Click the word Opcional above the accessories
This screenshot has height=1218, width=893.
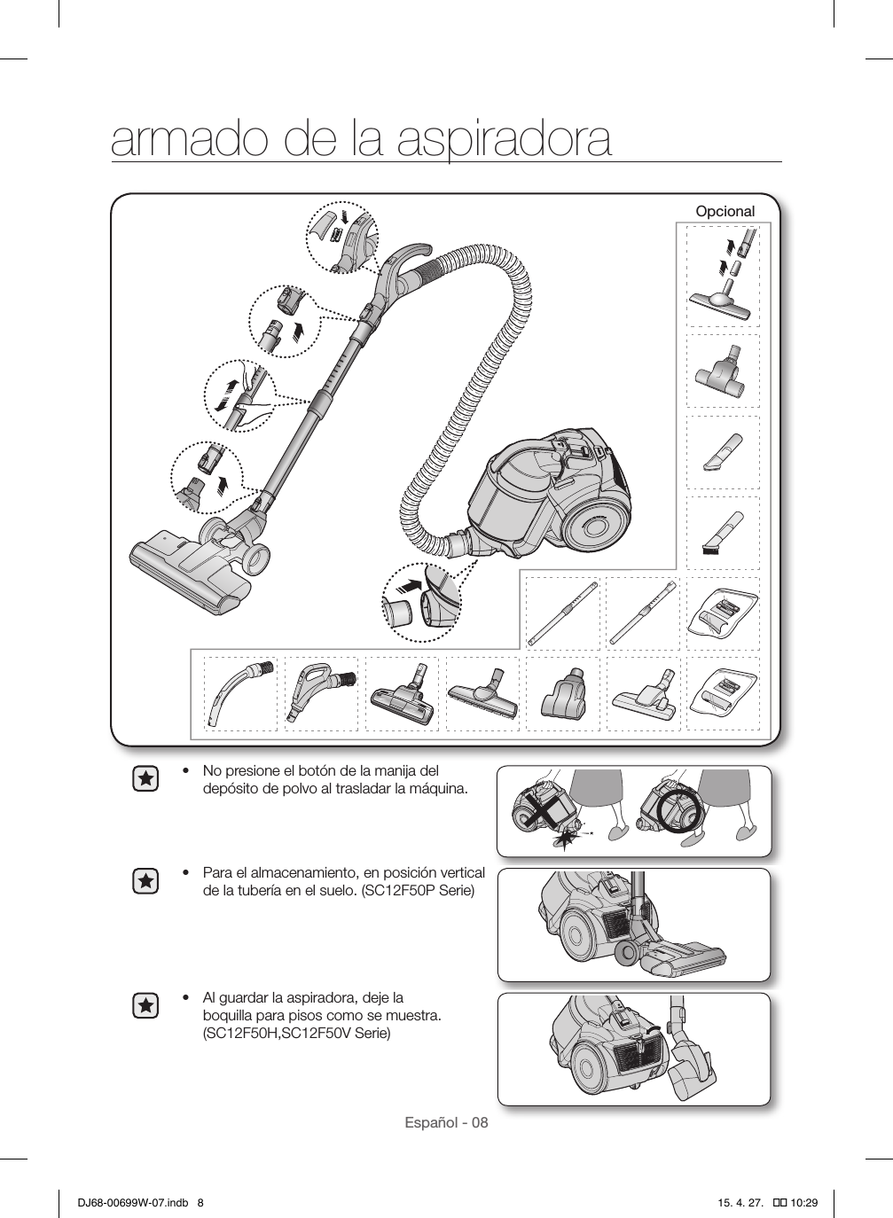tap(725, 212)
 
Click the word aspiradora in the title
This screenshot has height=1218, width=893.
tap(504, 139)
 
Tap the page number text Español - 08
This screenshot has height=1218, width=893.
tap(446, 1122)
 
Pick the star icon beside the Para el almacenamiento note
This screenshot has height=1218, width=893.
tap(145, 881)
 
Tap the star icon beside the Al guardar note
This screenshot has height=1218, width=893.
tap(145, 1006)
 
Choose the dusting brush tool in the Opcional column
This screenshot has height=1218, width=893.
tap(723, 532)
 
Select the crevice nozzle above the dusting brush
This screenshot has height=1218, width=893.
tap(723, 452)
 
